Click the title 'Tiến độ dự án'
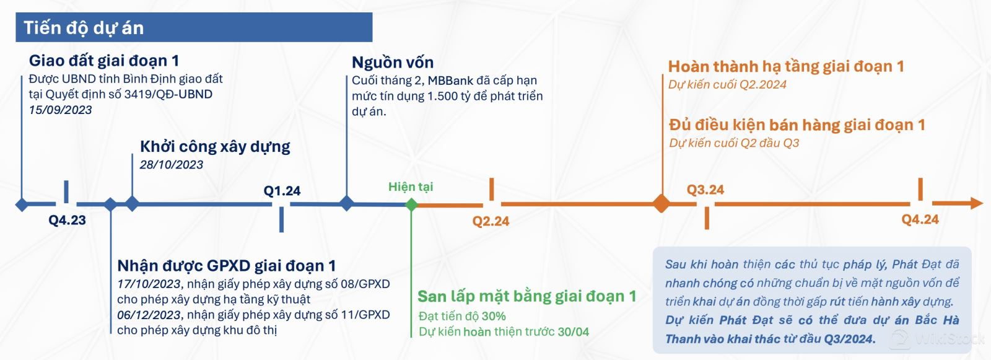coord(84,28)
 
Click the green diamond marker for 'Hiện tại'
coord(411,204)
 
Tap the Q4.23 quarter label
coord(67,220)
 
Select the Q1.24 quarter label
coord(282,191)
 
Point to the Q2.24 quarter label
coord(491,221)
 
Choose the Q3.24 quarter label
coord(705,190)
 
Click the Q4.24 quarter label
coord(920,219)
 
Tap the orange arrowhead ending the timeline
coord(977,203)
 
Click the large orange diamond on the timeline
coord(662,204)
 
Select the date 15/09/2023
coord(60,110)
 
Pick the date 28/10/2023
coord(171,165)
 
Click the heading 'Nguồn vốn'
coord(393,63)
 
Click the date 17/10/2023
coord(149,284)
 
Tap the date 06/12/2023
coord(149,315)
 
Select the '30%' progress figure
coord(494,316)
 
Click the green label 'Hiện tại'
coord(411,187)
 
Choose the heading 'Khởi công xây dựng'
coord(215,147)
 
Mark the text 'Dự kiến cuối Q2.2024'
coord(727,84)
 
